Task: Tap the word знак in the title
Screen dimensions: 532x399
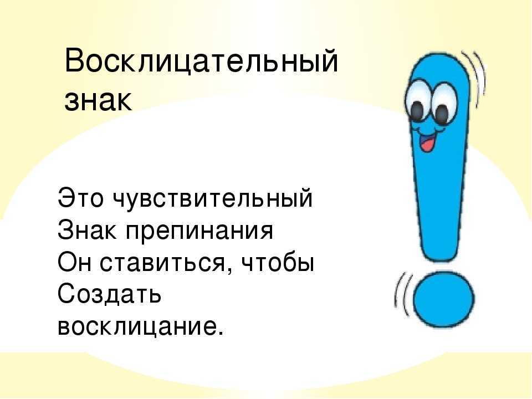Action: coord(99,101)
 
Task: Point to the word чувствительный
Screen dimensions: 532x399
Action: coord(212,198)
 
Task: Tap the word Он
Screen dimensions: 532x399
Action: coord(74,262)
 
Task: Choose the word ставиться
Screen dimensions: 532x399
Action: coord(162,262)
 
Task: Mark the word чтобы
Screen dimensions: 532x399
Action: coord(277,262)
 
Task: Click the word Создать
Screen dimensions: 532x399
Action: coord(109,294)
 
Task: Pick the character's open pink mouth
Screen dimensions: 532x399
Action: coord(428,142)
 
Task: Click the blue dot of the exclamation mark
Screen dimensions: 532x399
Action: coord(444,299)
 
